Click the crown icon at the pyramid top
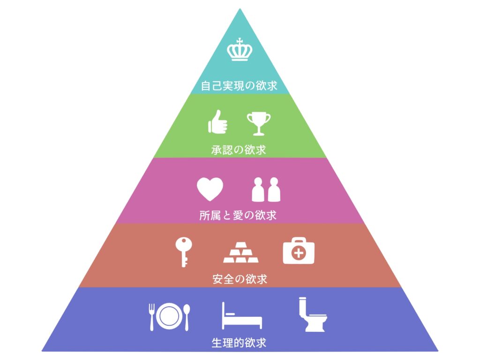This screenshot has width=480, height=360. (x=240, y=51)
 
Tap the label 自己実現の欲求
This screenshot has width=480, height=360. (x=239, y=86)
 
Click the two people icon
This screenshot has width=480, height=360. (x=266, y=189)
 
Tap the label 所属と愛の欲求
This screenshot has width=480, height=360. (x=238, y=215)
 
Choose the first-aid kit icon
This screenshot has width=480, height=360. (x=299, y=251)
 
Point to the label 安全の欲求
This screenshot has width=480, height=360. (x=240, y=279)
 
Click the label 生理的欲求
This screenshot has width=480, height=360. (x=239, y=343)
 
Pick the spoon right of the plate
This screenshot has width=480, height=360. (x=186, y=316)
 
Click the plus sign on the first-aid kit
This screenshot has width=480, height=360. (x=298, y=254)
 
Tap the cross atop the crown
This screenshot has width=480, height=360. (x=240, y=42)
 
